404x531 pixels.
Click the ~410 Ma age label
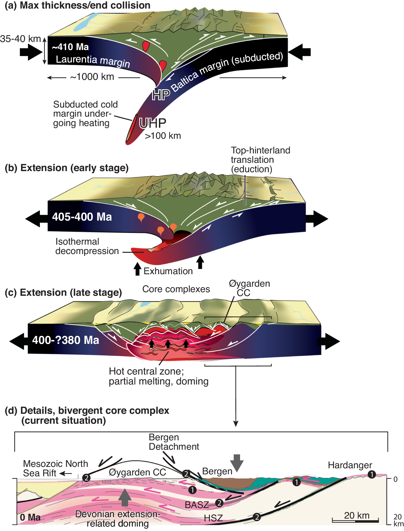click(70, 47)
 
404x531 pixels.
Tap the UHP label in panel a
click(153, 123)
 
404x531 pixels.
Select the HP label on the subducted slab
click(161, 95)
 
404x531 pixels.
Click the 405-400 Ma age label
click(82, 217)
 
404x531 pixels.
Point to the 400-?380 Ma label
click(65, 340)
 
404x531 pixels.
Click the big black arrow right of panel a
click(300, 52)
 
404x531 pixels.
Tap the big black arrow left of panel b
click(36, 219)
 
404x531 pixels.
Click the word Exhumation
click(168, 271)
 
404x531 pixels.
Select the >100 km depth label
click(163, 136)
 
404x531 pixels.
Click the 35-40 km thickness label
click(20, 39)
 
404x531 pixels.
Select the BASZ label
click(197, 505)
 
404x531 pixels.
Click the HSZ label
click(213, 518)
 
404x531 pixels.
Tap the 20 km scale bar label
click(357, 516)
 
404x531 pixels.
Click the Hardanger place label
click(350, 465)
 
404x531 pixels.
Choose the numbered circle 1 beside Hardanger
click(372, 475)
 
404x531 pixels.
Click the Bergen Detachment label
click(174, 442)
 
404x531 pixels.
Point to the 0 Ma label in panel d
click(30, 517)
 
